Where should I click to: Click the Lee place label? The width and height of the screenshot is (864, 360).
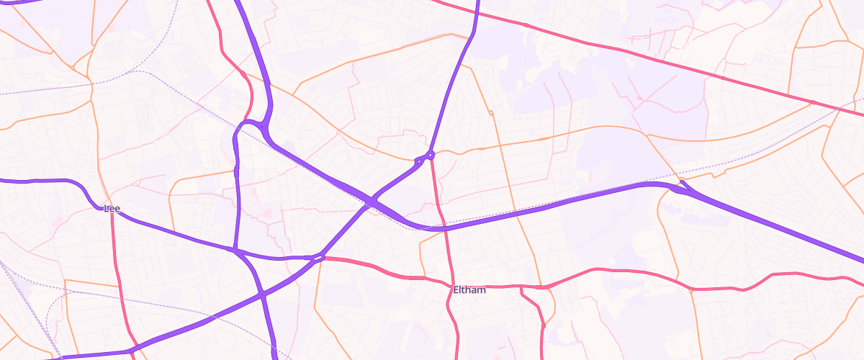(112, 209)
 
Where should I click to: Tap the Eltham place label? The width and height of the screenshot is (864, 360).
(469, 290)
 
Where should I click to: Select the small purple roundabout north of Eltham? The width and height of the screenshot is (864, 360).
(431, 154)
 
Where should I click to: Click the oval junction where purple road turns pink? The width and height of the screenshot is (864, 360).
(319, 257)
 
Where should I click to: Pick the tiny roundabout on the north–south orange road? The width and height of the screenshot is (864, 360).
(490, 113)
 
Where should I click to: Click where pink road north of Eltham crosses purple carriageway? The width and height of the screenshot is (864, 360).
(444, 228)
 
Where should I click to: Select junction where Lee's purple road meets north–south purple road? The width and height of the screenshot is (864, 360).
(235, 251)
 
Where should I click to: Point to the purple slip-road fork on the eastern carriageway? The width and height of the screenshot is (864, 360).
(681, 189)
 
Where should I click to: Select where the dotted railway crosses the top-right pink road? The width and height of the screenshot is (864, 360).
(840, 109)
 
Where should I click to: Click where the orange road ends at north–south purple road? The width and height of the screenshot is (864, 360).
(236, 171)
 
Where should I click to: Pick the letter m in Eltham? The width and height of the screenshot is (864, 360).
(482, 290)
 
